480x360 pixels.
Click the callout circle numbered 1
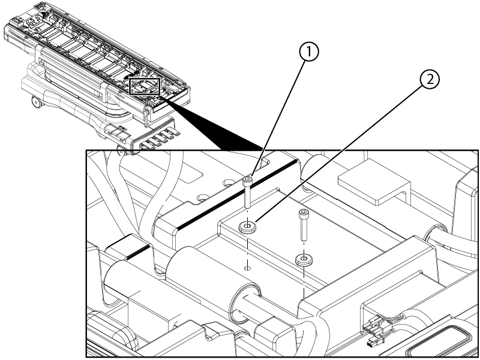308,52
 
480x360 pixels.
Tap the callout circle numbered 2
430,80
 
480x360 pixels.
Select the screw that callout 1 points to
247,192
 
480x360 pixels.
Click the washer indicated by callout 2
247,227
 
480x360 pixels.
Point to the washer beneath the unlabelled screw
304,260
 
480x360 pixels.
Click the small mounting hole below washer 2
248,268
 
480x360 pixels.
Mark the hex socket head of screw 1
247,180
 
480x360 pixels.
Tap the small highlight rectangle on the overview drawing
145,86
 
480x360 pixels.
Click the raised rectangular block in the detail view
374,186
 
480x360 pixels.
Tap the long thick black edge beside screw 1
236,194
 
